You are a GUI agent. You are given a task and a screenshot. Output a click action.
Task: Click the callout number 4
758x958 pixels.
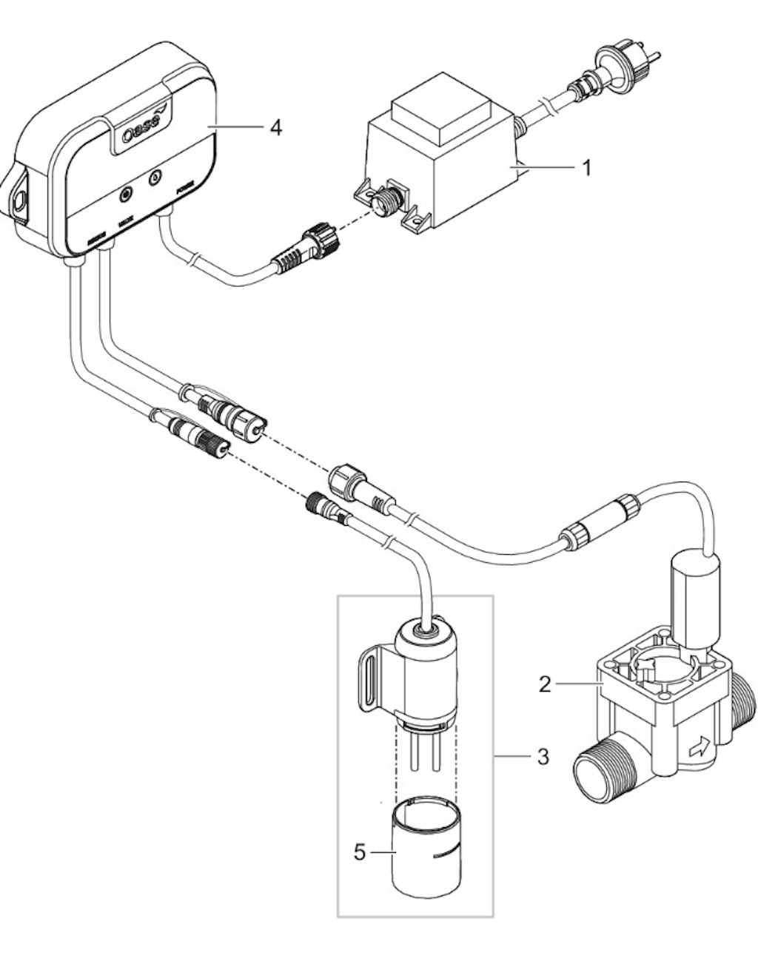coord(275,128)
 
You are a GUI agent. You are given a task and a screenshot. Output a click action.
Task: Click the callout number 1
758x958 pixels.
coord(586,169)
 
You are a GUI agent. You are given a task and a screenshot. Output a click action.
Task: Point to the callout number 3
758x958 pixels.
coord(543,757)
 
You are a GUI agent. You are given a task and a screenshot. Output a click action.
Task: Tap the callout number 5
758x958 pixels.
coord(360,852)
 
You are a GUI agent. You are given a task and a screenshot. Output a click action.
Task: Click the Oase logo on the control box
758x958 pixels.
coord(142,132)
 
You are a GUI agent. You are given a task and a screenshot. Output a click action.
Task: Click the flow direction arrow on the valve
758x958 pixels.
coord(699,748)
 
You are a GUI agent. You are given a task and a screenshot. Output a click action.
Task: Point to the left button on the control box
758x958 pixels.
coord(126,195)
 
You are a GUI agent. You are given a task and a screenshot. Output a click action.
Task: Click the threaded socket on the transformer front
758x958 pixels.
coord(386,200)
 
